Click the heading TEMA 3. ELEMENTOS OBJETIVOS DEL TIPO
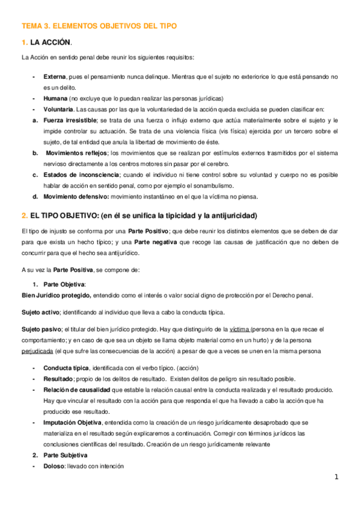[99, 26]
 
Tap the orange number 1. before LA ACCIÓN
[24, 42]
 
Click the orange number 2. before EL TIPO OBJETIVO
[24, 215]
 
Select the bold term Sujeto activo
[40, 312]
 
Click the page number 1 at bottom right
[337, 477]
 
